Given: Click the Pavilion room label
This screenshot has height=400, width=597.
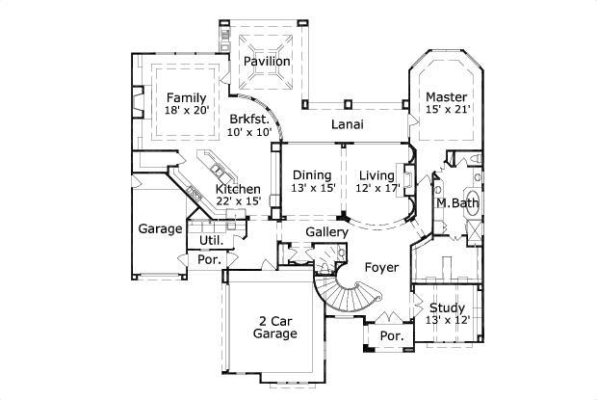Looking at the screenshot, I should coord(266,62).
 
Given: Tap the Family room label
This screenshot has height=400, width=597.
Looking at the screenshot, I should coord(186,97).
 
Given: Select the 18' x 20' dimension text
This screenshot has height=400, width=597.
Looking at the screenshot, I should coord(186,111).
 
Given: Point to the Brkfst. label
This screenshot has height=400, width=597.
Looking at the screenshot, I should coord(249,120).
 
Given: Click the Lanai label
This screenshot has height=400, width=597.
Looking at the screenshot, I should coord(347,124).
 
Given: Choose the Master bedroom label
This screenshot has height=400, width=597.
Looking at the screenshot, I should coord(447,97).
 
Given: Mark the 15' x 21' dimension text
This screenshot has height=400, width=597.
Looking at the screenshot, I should coord(447,111).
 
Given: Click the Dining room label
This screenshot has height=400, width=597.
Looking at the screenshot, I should coord(313,174).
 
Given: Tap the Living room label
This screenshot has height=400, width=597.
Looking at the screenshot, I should coord(376,174).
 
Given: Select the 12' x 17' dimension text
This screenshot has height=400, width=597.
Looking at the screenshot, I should coord(376,188).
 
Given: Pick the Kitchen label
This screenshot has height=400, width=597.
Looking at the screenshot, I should coord(237,188).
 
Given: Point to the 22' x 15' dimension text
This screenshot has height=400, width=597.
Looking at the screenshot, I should coord(237,201).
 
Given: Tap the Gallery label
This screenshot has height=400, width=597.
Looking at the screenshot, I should coord(326,233).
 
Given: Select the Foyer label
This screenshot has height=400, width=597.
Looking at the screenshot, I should coord(380,267).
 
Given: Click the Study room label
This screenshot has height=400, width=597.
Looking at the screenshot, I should coord(447,308).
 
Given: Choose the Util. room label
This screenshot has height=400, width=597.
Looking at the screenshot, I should coord(210,240).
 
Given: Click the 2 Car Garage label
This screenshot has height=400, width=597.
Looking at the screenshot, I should coord(274,327).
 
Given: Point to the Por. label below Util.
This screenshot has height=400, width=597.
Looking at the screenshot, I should coord(208,260).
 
